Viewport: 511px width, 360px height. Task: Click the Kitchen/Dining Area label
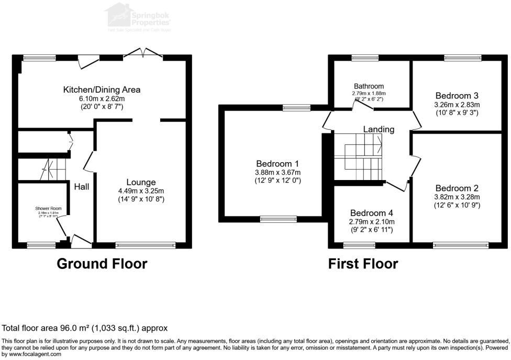(x=102, y=89)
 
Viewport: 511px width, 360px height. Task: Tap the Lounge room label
(x=140, y=182)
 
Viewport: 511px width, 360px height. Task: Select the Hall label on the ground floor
(x=81, y=187)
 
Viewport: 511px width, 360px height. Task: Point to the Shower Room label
(x=48, y=208)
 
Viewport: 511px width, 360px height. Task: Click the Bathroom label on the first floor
(x=369, y=86)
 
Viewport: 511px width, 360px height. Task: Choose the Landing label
(x=379, y=129)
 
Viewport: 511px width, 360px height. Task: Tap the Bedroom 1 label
(x=277, y=163)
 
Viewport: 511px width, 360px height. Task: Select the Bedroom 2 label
(x=457, y=188)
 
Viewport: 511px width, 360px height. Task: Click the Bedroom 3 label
(x=457, y=96)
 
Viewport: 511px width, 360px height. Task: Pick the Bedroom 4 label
(x=372, y=213)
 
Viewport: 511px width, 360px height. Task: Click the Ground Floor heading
(x=102, y=264)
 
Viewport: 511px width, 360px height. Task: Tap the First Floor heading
(x=363, y=264)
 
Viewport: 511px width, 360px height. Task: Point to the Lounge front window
(x=146, y=244)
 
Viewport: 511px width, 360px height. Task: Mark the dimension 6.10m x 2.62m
(x=102, y=98)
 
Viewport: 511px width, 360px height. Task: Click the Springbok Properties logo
(x=139, y=17)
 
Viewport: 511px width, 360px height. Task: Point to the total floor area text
(x=85, y=329)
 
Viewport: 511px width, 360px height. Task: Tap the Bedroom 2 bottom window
(x=461, y=244)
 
